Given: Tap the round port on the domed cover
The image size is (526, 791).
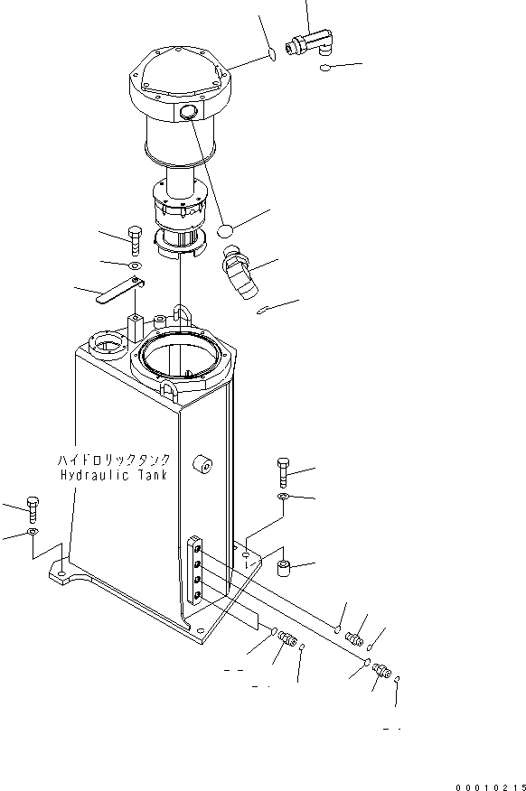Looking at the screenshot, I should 190,113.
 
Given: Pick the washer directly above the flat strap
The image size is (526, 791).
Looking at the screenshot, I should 135,267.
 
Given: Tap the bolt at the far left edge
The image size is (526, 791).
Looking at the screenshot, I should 33,509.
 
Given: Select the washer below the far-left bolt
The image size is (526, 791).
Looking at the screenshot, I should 33,534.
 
